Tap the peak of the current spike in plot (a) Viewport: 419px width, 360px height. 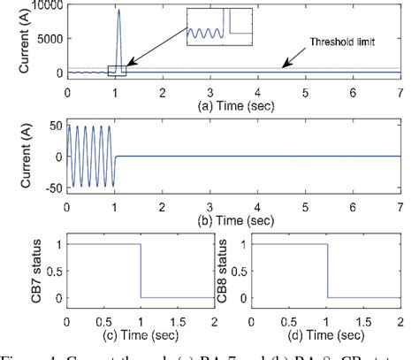tap(119, 11)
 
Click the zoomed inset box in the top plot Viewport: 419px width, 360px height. tap(220, 26)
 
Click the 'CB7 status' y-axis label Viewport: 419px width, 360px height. tap(13, 271)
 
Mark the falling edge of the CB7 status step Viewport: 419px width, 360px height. tap(141, 271)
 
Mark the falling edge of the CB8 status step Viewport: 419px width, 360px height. tap(327, 271)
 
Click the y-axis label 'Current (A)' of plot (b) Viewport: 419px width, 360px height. tap(13, 157)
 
